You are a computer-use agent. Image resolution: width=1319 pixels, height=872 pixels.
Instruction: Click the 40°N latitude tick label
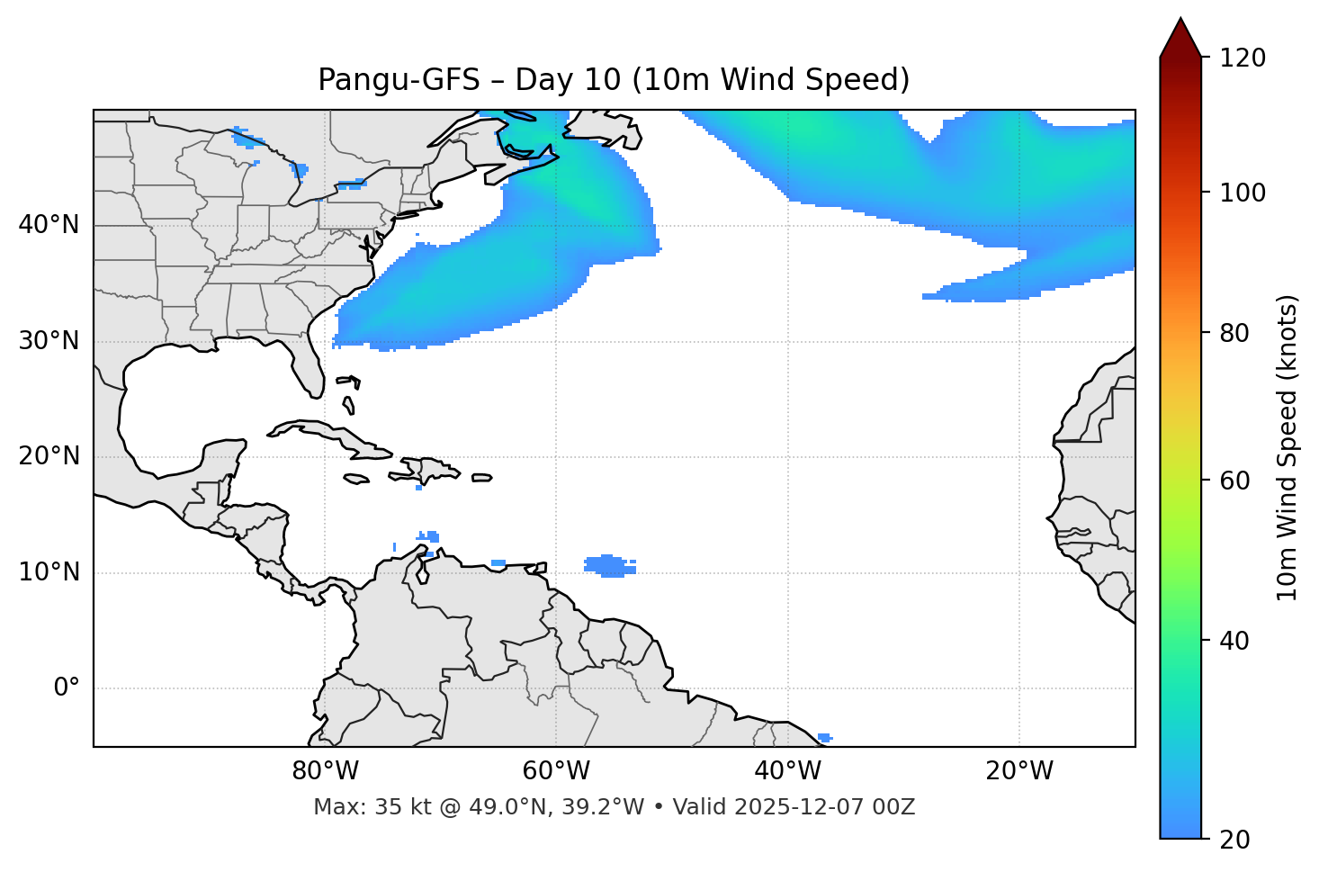click(49, 225)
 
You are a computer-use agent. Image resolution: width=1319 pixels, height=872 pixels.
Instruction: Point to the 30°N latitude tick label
click(49, 341)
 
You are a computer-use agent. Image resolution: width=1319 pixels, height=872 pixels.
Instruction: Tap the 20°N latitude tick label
click(49, 456)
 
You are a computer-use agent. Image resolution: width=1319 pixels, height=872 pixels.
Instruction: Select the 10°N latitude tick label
click(49, 572)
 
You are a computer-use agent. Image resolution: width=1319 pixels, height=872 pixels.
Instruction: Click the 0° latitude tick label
click(66, 688)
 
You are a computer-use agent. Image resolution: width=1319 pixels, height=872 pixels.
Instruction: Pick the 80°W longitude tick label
click(325, 771)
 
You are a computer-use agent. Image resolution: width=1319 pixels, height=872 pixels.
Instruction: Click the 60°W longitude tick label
click(556, 771)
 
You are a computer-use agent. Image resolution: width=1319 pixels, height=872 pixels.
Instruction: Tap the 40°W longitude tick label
click(788, 771)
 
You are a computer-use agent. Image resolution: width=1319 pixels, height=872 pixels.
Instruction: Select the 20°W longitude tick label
click(1019, 771)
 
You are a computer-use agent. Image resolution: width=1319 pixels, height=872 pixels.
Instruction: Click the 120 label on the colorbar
click(1243, 58)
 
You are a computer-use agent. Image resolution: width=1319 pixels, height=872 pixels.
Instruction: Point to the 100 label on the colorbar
click(1243, 193)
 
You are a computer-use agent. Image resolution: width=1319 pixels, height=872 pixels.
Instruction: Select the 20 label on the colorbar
click(1234, 840)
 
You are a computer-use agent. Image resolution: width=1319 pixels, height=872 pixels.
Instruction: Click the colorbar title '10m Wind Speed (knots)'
click(1288, 447)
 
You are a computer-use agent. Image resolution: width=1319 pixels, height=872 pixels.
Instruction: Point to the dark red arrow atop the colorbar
click(1180, 39)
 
